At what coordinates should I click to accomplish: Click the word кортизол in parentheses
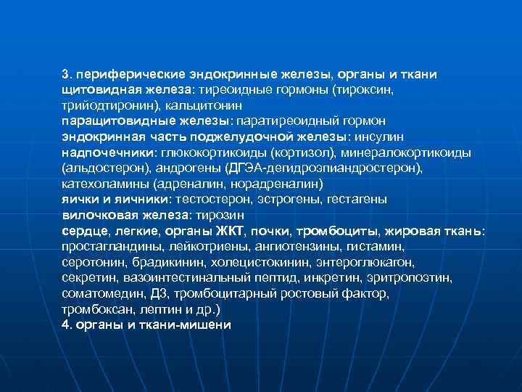pos(313,152)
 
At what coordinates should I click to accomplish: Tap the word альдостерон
pos(101,167)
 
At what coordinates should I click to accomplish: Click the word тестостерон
pos(217,198)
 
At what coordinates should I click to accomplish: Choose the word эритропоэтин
pos(417,277)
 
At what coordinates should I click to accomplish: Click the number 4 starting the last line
pos(65,324)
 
